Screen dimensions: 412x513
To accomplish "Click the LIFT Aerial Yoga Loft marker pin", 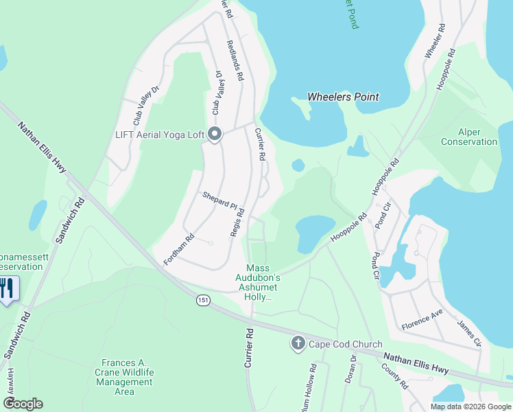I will coord(214,135).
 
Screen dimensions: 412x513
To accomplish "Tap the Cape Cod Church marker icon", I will coord(298,344).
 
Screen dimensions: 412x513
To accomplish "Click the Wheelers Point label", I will coord(343,97).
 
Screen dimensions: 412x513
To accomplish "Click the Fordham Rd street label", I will coord(179,251).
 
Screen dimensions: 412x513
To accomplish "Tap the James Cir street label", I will coord(469,333).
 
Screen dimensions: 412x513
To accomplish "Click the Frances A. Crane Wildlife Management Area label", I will coord(115,377).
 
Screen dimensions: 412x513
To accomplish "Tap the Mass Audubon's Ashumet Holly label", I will coord(259,282).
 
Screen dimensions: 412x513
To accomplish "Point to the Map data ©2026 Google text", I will coord(470,407).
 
